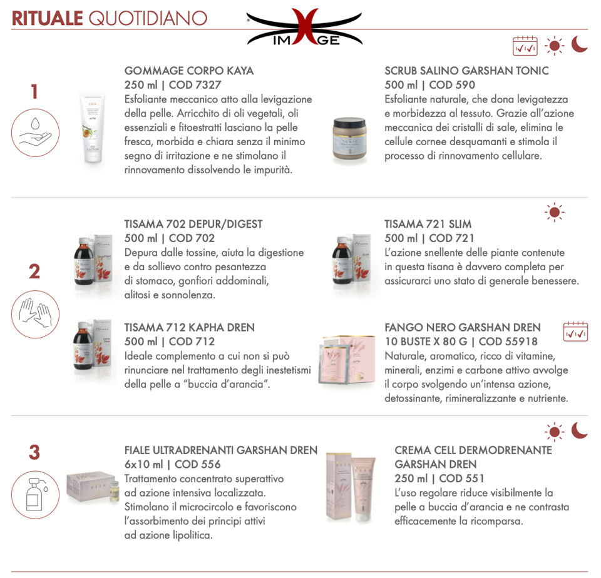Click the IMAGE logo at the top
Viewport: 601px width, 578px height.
[305, 28]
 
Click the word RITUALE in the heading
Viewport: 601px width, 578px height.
[48, 18]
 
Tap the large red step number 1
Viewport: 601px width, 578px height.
[34, 92]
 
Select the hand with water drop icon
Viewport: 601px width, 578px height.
[35, 133]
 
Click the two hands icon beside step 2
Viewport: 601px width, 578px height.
[35, 314]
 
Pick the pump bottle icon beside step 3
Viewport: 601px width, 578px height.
[35, 495]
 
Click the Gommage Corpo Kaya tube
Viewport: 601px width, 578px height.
[93, 128]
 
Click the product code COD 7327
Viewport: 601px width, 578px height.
[195, 84]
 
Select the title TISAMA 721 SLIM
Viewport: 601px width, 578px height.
[428, 224]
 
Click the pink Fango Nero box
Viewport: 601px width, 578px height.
[347, 359]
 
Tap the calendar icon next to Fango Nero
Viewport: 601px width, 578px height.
[575, 332]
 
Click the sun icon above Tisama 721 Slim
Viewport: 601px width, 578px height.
[554, 213]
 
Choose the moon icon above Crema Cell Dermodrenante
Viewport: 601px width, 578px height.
[579, 430]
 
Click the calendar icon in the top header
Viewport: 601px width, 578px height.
[525, 46]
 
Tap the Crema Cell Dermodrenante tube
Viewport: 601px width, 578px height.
[363, 489]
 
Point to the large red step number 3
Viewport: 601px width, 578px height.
[34, 452]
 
